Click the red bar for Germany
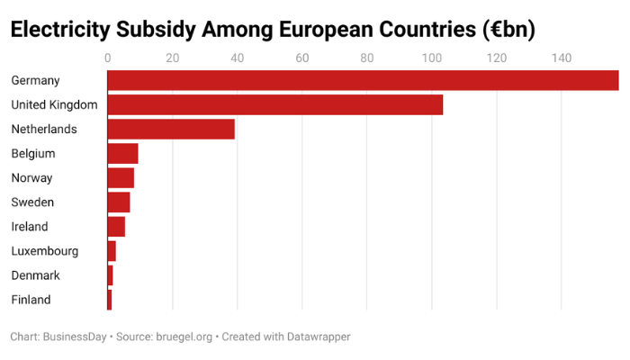click(x=363, y=80)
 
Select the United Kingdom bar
click(x=275, y=104)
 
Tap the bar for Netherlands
click(x=171, y=129)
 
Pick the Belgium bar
click(x=122, y=153)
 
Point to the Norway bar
click(x=121, y=177)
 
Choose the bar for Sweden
click(x=119, y=202)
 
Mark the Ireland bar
click(x=116, y=226)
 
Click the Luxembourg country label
click(x=44, y=251)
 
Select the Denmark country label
click(x=35, y=275)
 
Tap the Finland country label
click(x=31, y=300)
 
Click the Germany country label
click(x=35, y=80)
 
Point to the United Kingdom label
click(x=54, y=104)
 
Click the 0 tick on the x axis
click(x=108, y=58)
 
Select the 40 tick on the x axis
click(x=237, y=58)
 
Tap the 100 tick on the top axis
click(x=431, y=58)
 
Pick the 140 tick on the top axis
click(x=561, y=58)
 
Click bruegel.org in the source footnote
click(x=184, y=337)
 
